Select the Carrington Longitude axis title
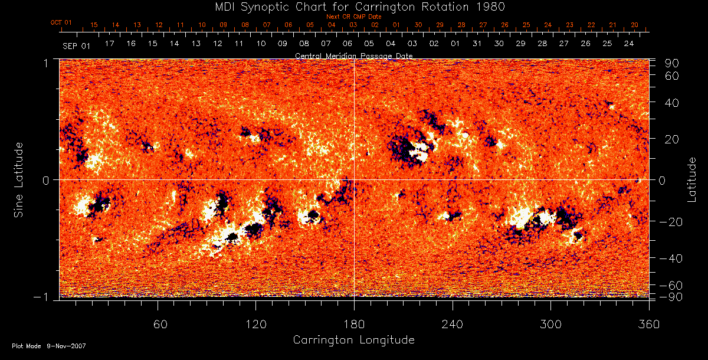pyautogui.click(x=353, y=340)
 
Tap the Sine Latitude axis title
pyautogui.click(x=18, y=179)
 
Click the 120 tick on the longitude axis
pyautogui.click(x=256, y=324)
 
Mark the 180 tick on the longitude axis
pyautogui.click(x=354, y=324)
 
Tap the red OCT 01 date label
pyautogui.click(x=61, y=23)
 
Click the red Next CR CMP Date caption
pyautogui.click(x=354, y=17)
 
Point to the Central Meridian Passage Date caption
pyautogui.click(x=353, y=55)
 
